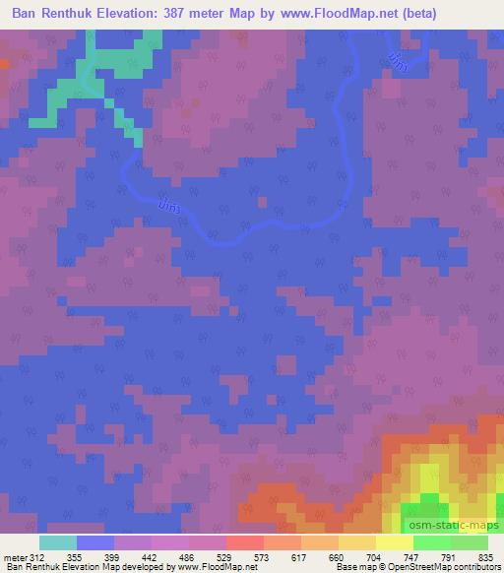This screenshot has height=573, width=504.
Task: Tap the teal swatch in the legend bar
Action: [58, 543]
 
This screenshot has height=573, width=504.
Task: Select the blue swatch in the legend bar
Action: [95, 543]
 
